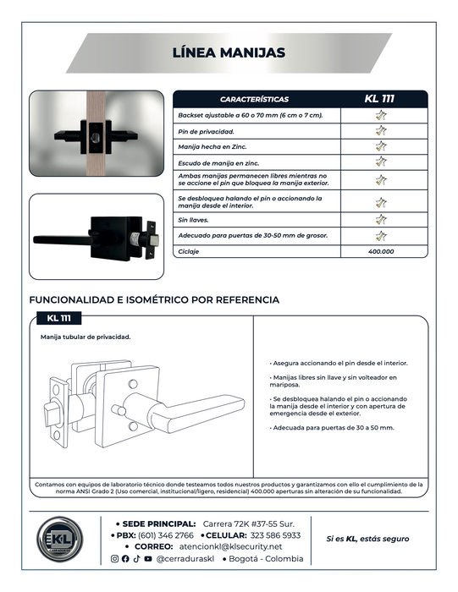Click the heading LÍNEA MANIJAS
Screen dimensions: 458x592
(x=229, y=52)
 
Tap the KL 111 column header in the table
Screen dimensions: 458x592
(x=379, y=99)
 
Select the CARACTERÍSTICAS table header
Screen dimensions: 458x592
(x=254, y=99)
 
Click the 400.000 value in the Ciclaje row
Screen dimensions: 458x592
(x=381, y=251)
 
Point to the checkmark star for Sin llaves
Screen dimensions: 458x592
(x=381, y=219)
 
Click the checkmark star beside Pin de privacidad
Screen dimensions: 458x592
(x=381, y=130)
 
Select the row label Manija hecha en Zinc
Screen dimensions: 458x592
(x=212, y=147)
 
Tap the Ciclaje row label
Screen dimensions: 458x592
(x=189, y=251)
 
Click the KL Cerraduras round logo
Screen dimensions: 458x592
(x=60, y=539)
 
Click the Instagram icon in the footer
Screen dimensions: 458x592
(x=114, y=559)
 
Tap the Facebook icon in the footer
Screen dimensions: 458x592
(x=125, y=559)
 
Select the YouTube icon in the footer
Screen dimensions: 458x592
(x=148, y=559)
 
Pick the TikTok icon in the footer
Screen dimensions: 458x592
(x=136, y=559)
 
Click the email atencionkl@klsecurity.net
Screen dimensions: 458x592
(x=230, y=546)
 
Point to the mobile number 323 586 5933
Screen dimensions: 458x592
(x=275, y=535)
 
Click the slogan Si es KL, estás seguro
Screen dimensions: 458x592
(x=367, y=539)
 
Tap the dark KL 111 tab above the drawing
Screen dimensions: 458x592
(x=59, y=318)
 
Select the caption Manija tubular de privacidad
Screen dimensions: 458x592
(x=86, y=337)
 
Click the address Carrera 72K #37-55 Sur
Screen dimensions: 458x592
(x=249, y=524)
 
